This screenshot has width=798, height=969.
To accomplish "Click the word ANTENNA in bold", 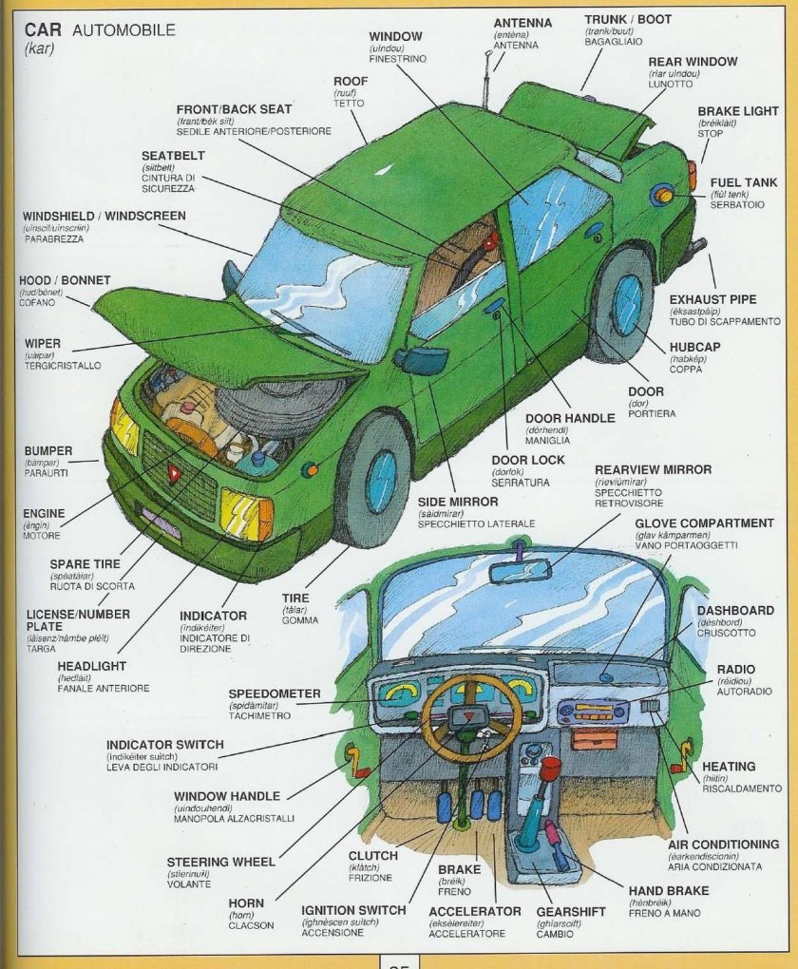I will click(522, 22).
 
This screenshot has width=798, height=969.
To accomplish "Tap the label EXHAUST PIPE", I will click(712, 299).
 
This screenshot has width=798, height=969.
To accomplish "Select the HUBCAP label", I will click(694, 347).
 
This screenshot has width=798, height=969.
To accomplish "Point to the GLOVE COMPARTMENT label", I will click(704, 522).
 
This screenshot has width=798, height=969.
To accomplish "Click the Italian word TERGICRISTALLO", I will click(63, 366).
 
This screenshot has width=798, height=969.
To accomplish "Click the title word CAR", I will click(43, 29).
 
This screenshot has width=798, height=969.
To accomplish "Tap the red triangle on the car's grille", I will click(175, 471).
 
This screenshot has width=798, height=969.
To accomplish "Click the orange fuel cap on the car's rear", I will click(662, 196).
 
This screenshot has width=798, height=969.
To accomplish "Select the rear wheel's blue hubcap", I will click(626, 305).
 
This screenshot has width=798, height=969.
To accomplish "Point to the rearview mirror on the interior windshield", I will click(520, 570).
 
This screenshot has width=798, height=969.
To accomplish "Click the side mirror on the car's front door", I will click(422, 360).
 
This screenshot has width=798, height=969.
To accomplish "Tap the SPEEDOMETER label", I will click(275, 693).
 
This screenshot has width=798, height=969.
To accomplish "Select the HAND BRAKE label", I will click(669, 891).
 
